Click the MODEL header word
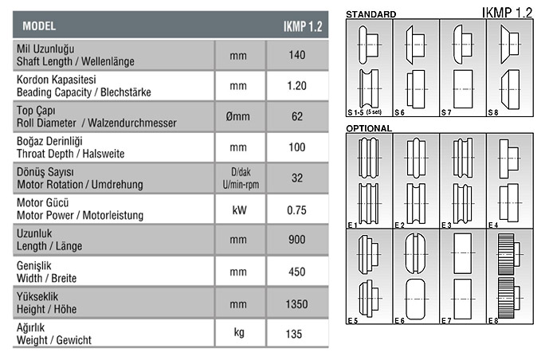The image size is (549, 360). [x=39, y=26]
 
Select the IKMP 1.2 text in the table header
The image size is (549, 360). [x=303, y=26]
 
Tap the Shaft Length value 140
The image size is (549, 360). [x=297, y=55]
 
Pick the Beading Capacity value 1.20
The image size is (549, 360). [x=297, y=86]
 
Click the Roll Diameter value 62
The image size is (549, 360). [x=297, y=116]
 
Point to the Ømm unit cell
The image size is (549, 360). [x=238, y=116]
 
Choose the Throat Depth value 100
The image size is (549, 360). [x=297, y=147]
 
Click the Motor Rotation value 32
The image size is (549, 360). [x=297, y=178]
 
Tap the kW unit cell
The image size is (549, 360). [x=239, y=210]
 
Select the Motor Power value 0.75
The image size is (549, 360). [x=297, y=210]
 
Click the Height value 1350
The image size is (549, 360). [x=297, y=304]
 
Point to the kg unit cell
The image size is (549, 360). [x=239, y=332]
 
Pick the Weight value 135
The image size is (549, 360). [x=294, y=334]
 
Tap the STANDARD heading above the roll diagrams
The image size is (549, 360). [x=371, y=14]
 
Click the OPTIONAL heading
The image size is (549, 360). [x=369, y=128]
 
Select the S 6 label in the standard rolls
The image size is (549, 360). [x=399, y=112]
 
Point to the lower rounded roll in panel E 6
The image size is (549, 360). [x=416, y=299]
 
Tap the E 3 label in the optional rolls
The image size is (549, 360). [x=446, y=225]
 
